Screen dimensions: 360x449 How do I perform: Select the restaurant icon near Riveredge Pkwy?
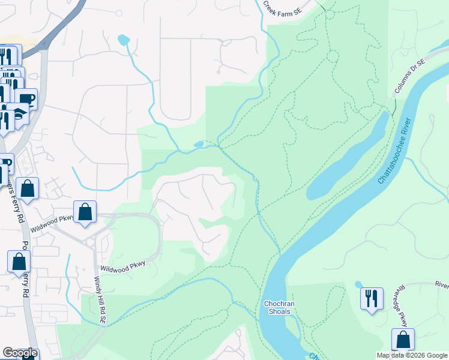coord(371,298)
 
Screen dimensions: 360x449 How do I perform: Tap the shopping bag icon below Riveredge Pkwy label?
coord(402,339)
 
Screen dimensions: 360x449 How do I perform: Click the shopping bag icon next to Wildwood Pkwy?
coord(85,212)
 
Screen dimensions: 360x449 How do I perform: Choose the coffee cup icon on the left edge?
coord(26,98)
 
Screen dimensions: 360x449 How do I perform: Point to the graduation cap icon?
coord(19,113)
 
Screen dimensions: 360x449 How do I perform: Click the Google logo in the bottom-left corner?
coord(20,353)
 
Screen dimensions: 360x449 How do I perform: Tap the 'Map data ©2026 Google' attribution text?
coord(412,355)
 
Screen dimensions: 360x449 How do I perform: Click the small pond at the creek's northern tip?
coord(124,40)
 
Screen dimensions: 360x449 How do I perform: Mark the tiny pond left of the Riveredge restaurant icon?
coord(358,284)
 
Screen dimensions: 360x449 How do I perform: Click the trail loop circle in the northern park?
coord(332,56)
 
